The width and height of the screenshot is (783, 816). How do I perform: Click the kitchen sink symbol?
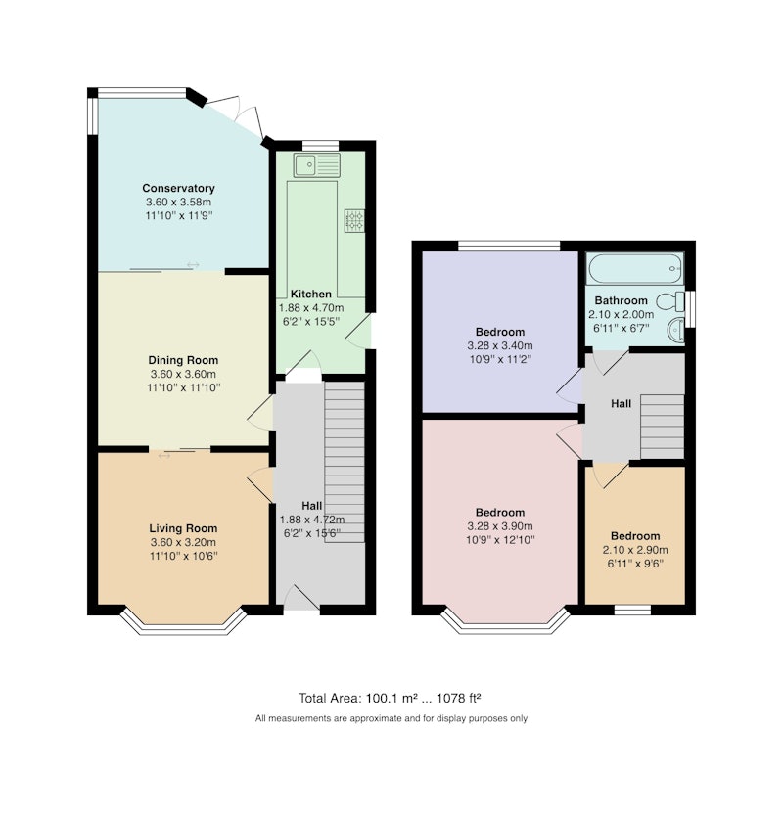(x=316, y=165)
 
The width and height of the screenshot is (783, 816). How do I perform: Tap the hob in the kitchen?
(x=354, y=221)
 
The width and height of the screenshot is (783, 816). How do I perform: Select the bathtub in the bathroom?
(x=635, y=269)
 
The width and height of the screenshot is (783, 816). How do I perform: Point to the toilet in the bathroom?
(x=670, y=300)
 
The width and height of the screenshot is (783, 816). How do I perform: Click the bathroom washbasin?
(x=675, y=330)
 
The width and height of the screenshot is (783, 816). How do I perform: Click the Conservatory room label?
(x=178, y=188)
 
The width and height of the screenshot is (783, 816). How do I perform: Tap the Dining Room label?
(x=183, y=360)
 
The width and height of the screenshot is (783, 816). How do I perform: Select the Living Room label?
(x=183, y=528)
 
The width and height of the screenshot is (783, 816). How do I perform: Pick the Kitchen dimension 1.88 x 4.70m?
(x=311, y=307)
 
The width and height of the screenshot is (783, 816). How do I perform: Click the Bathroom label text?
(x=622, y=300)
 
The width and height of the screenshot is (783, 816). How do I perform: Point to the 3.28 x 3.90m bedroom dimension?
(x=500, y=526)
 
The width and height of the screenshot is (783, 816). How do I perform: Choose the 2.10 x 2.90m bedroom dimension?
(x=635, y=550)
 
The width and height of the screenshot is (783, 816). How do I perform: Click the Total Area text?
(x=390, y=698)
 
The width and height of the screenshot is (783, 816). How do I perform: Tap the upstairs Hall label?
(x=622, y=404)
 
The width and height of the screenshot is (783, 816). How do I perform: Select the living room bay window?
(x=183, y=621)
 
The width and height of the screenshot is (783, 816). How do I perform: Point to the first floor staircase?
(x=662, y=427)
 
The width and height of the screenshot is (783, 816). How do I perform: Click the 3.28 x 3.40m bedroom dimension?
(x=500, y=345)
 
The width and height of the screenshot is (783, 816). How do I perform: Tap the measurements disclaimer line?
(x=391, y=719)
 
